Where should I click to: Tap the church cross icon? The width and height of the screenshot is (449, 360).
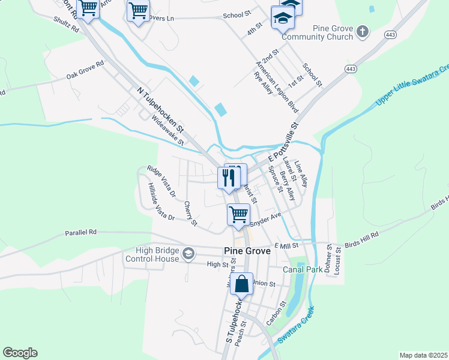point(362,31)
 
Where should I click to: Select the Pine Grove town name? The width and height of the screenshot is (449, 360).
point(246,251)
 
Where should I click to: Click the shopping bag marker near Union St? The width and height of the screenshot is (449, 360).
point(241,284)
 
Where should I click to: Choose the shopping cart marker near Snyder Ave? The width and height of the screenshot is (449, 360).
point(239,214)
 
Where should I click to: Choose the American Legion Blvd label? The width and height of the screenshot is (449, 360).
point(277,87)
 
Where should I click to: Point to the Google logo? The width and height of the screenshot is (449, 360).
point(20,352)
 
